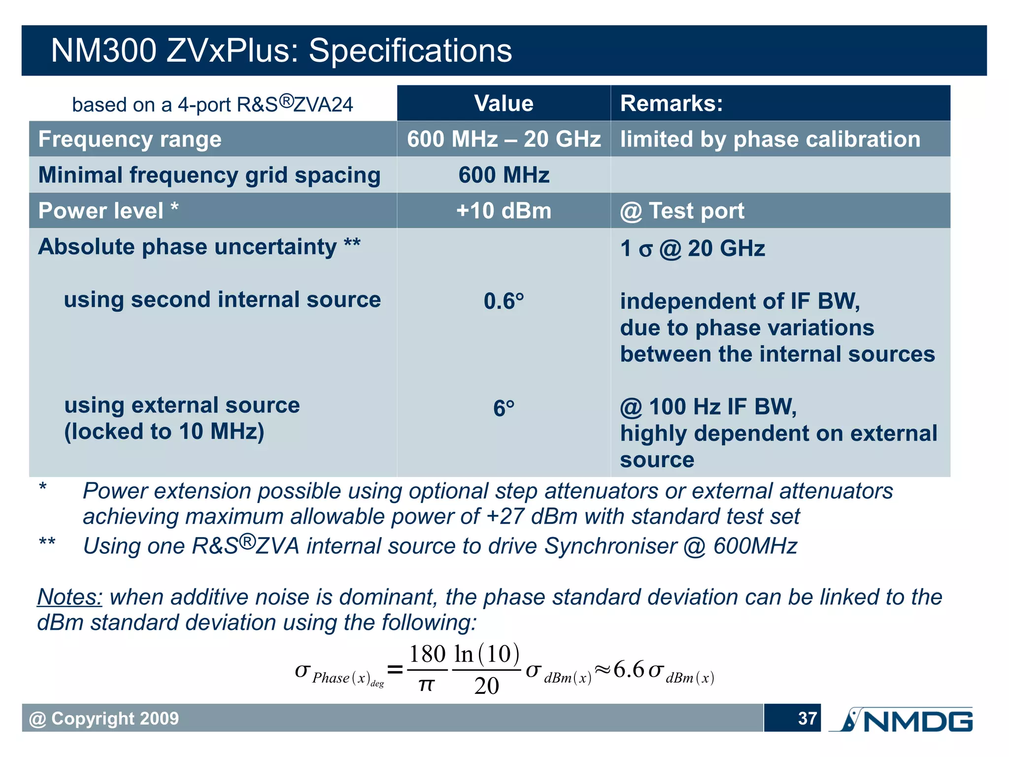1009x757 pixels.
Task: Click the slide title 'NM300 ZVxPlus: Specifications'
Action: coord(281,51)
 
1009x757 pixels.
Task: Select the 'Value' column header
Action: coord(504,104)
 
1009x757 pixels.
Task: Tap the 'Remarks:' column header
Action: coord(671,104)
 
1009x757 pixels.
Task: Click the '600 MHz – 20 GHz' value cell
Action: coord(504,140)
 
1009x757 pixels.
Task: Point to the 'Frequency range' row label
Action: coord(130,140)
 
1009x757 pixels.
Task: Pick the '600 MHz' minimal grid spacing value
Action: coord(504,176)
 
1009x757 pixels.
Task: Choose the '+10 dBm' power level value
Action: coord(504,211)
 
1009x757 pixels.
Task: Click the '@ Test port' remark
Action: coord(682,211)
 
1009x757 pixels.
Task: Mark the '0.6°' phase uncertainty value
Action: coord(504,301)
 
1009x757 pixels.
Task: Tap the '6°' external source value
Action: coord(504,408)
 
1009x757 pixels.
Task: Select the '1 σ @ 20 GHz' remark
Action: coord(692,249)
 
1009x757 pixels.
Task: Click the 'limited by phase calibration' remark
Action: coord(770,140)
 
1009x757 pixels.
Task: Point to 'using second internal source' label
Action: coord(222,300)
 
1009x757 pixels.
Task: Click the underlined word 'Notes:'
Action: coord(69,597)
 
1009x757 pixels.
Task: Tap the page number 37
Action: coord(807,719)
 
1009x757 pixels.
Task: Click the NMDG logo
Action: coord(902,720)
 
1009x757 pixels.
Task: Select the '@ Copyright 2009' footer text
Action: coord(104,719)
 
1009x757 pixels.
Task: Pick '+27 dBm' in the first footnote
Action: coord(531,517)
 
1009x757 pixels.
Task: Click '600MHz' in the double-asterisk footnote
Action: coord(755,546)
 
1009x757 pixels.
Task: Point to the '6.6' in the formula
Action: coord(629,670)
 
